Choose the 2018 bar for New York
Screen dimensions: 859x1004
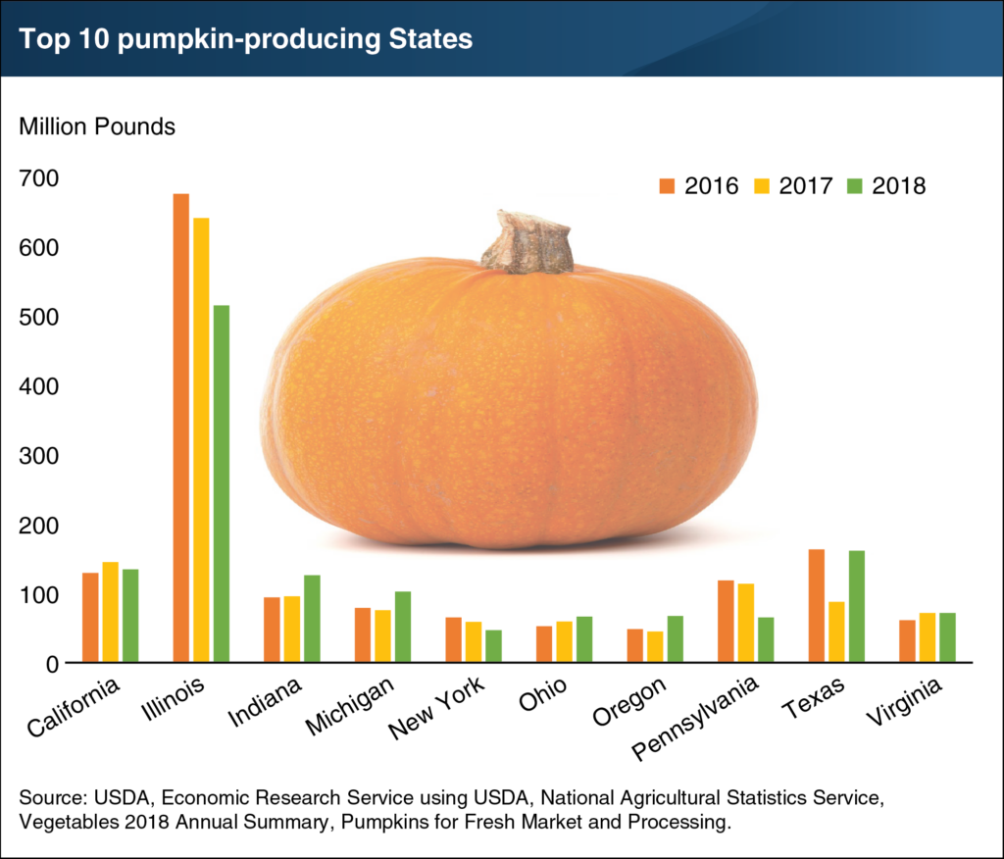click(x=493, y=647)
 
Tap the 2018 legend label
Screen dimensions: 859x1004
click(x=898, y=185)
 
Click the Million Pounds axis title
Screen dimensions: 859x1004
click(x=92, y=127)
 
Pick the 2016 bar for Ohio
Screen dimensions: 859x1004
click(x=543, y=644)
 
